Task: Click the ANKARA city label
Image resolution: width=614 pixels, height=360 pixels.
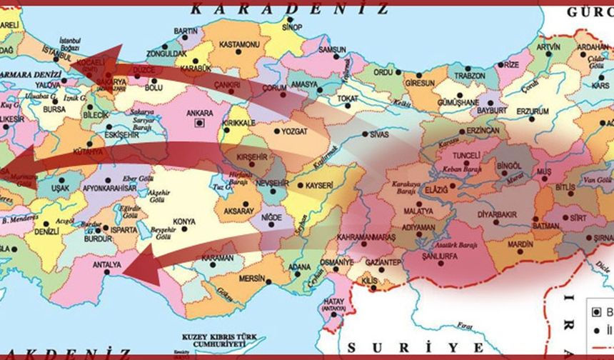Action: click(199, 113)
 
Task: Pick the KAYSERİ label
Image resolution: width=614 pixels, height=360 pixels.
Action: click(319, 185)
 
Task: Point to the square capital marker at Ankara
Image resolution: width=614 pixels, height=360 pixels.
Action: click(200, 122)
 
